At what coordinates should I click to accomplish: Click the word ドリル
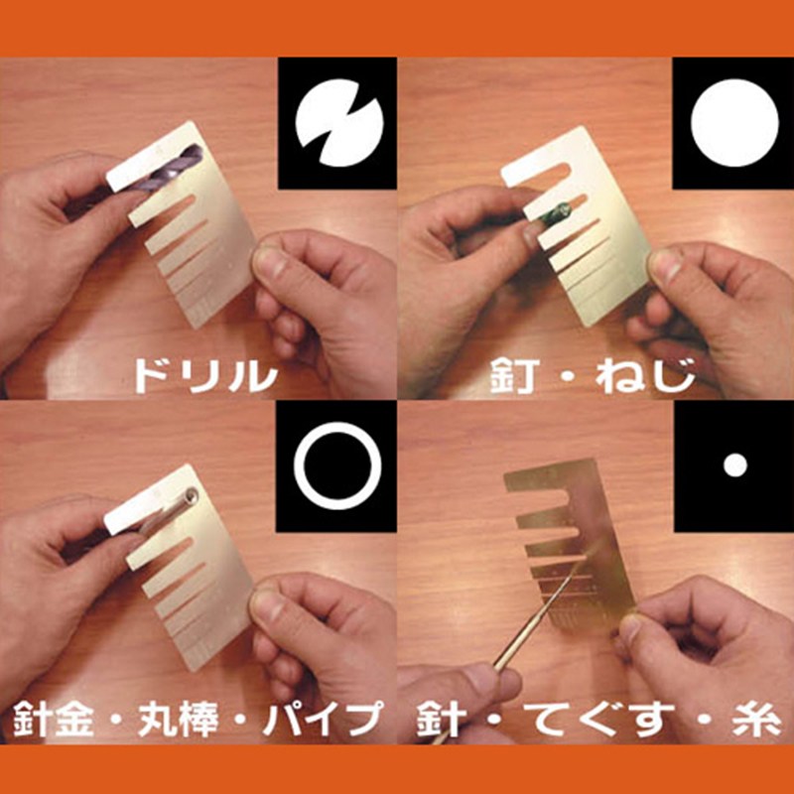[x=206, y=376]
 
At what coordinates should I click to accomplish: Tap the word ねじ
[x=645, y=376]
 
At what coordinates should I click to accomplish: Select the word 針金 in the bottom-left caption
[x=53, y=719]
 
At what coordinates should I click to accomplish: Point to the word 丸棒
[x=178, y=719]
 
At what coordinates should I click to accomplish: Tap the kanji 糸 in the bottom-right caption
[x=757, y=719]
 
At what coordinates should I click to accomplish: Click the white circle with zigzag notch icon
[x=339, y=123]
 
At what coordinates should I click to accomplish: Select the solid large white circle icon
[x=734, y=123]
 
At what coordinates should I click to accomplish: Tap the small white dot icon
[x=735, y=465]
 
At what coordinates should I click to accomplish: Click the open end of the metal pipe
[x=192, y=495]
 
